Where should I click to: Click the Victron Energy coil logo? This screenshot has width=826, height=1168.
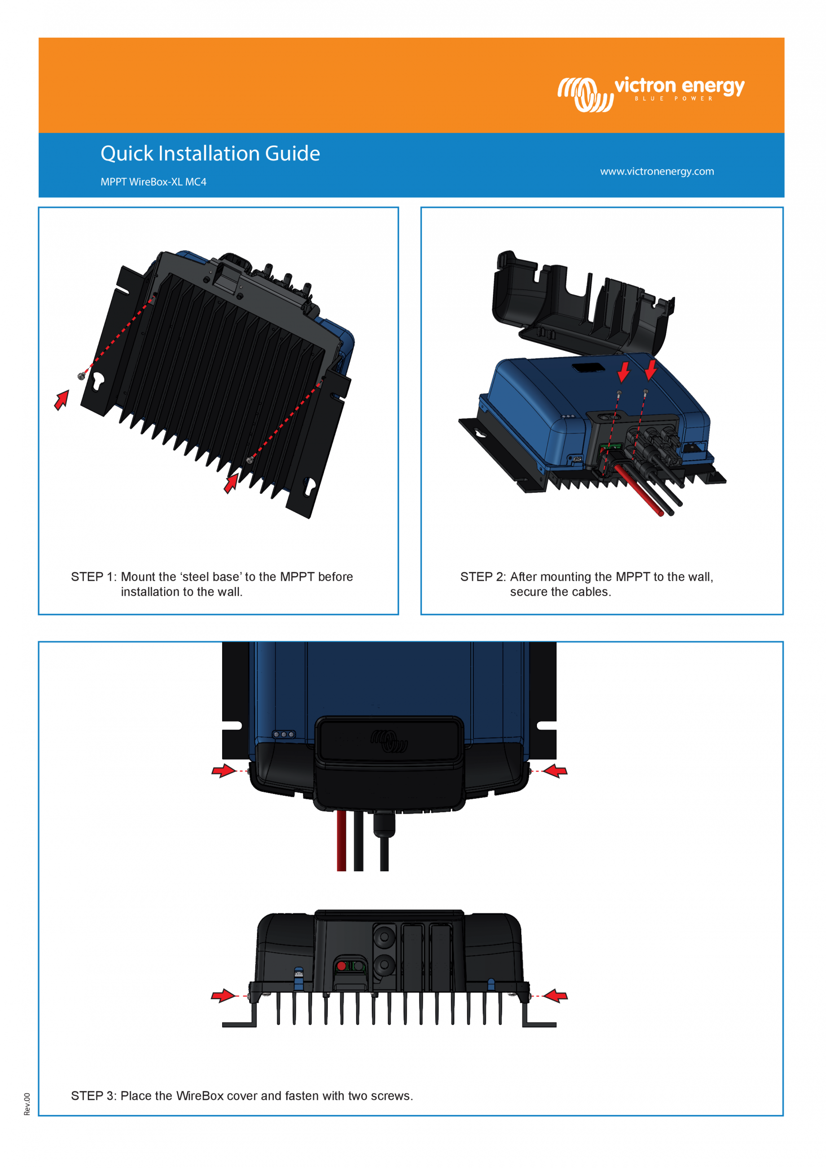pos(585,94)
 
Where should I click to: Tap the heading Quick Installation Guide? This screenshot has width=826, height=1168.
pos(210,154)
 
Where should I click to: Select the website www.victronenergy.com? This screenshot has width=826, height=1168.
pos(657,171)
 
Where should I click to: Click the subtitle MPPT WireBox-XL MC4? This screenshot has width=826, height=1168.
pos(153,182)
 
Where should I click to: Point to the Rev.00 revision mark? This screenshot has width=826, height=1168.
pos(27,1104)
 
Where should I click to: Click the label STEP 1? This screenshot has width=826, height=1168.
pos(93,577)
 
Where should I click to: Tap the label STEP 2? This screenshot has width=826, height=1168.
pos(483,577)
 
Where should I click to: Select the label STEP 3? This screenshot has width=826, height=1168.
pos(93,1096)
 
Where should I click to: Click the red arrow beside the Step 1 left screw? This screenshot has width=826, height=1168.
pos(62,400)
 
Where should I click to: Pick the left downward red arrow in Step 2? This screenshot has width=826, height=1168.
pos(624,372)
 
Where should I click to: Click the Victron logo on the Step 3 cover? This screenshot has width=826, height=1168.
pos(389,741)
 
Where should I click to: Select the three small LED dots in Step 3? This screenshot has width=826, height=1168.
pos(283,734)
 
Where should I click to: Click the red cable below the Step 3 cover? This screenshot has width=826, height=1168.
pos(341,839)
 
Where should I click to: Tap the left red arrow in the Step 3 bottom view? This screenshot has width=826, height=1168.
pos(223,996)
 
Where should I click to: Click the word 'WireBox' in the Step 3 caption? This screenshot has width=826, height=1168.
pos(200,1096)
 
